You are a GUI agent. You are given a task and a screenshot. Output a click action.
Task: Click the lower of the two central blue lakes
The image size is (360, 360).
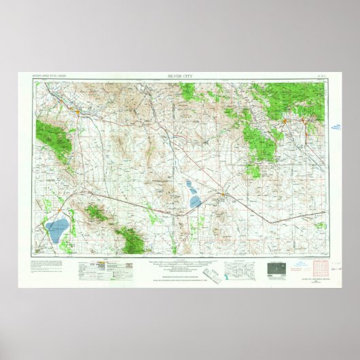(196, 202)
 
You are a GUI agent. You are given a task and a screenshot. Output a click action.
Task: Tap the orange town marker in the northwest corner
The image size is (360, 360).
(79, 109)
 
